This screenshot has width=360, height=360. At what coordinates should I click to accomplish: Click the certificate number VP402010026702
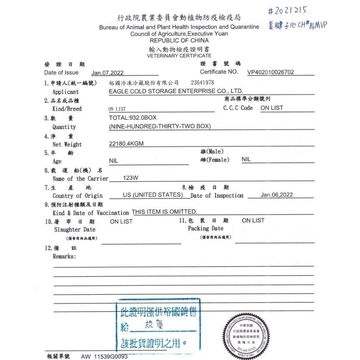(x=270, y=72)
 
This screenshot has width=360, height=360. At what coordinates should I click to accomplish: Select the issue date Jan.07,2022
(x=108, y=73)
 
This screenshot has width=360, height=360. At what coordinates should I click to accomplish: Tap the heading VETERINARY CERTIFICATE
(x=179, y=55)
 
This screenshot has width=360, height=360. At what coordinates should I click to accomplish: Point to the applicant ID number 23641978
(x=202, y=83)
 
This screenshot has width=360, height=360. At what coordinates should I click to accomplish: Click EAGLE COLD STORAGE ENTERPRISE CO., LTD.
(x=176, y=91)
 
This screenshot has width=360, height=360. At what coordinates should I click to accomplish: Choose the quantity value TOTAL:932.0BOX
(x=133, y=118)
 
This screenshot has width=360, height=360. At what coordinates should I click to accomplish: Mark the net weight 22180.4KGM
(x=126, y=144)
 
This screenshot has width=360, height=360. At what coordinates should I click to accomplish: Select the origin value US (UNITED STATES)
(x=152, y=195)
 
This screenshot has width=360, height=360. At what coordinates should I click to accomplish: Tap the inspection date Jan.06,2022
(x=277, y=195)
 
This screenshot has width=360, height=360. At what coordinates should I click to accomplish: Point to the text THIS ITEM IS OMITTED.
(x=164, y=212)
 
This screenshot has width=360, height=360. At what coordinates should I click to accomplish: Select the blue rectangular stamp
(x=158, y=325)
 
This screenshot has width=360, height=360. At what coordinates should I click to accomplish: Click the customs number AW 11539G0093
(x=104, y=357)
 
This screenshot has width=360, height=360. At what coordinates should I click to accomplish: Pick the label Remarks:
(x=64, y=257)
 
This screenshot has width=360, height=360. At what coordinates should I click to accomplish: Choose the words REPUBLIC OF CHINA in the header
(x=179, y=40)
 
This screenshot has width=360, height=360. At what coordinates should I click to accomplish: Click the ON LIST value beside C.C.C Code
(x=272, y=108)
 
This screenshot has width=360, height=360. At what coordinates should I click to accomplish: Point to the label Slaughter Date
(x=75, y=229)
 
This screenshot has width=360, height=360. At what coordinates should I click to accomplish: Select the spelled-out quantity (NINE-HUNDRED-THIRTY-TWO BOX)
(x=160, y=126)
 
